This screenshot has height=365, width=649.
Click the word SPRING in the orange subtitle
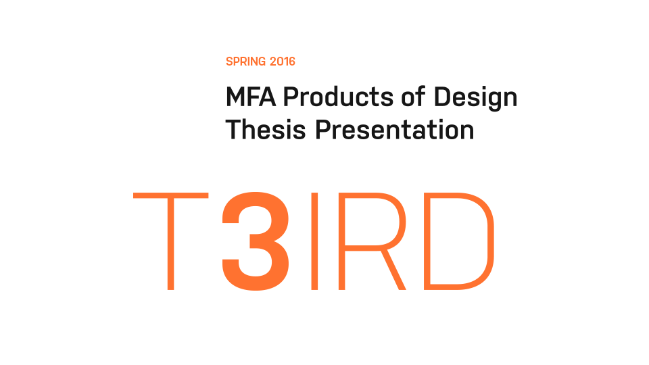pos(245,62)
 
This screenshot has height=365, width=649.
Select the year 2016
pos(283,62)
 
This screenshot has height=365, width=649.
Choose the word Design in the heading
pos(475,99)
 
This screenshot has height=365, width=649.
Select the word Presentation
pos(395,129)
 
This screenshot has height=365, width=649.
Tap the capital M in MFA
pos(235,97)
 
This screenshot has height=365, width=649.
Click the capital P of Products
pos(290,97)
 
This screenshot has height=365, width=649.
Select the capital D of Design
pos(441,97)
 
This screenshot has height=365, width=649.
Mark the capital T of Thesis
pos(233,129)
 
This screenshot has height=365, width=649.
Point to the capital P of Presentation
pos(323,129)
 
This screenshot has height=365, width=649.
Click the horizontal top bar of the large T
pos(170,196)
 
